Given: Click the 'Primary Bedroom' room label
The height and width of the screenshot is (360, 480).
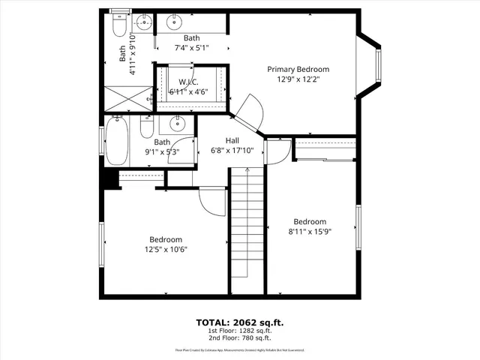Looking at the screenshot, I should click(298, 69).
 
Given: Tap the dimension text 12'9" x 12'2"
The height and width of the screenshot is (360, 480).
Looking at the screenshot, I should click(298, 79).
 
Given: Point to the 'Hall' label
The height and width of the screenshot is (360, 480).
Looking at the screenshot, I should click(232, 139).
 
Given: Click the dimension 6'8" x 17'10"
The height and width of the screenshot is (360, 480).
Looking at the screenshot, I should click(232, 150).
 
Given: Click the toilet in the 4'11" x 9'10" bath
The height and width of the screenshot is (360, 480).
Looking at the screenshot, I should click(118, 27).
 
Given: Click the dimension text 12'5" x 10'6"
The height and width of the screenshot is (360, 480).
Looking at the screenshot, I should click(166, 250).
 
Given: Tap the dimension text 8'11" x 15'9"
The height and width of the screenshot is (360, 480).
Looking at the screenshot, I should click(310, 232).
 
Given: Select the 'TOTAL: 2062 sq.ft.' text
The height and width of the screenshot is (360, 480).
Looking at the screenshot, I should click(239, 322).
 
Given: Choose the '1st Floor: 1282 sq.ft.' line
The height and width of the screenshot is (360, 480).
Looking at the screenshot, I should click(239, 330).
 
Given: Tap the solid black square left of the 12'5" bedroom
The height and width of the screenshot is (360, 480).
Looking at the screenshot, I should click(109, 181).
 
